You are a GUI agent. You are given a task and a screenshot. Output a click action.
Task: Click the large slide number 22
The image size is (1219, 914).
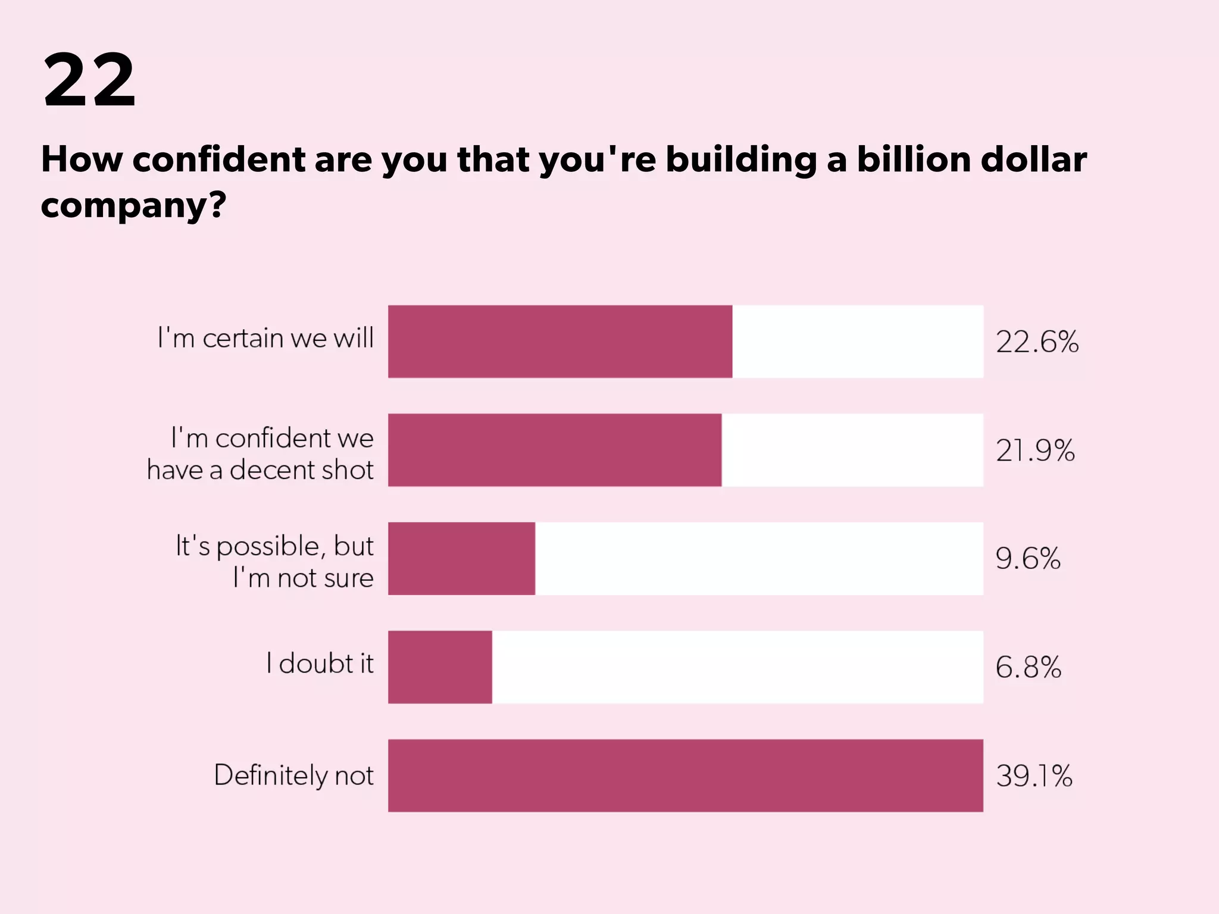tap(89, 80)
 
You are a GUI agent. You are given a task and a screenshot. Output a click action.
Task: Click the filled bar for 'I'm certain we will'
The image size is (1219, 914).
tap(560, 342)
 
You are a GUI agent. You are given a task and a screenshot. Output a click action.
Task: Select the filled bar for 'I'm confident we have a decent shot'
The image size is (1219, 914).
tap(554, 450)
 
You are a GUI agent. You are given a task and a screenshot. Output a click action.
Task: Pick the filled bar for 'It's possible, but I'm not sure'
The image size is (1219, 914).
tap(461, 558)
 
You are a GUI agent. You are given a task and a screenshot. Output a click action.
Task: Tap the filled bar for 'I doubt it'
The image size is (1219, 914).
tap(440, 666)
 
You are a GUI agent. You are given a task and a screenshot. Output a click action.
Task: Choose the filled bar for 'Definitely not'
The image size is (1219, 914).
tap(685, 775)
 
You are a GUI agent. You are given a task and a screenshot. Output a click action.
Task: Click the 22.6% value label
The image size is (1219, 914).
tap(1037, 342)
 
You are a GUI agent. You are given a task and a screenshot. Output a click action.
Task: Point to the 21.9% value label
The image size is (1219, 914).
tap(1035, 450)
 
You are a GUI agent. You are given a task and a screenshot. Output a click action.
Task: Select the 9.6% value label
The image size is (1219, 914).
tap(1028, 559)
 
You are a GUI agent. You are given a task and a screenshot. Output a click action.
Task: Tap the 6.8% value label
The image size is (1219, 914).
tap(1028, 667)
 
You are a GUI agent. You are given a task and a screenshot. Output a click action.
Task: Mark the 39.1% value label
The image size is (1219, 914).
tap(1034, 776)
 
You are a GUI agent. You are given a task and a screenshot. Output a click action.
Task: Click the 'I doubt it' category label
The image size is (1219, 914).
tap(320, 663)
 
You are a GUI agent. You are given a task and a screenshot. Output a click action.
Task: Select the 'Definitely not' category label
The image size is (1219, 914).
tap(293, 775)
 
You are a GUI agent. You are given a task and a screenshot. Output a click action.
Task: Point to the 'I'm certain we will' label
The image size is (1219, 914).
tap(265, 338)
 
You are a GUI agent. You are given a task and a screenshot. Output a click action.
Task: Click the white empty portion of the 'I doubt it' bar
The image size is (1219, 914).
tap(737, 666)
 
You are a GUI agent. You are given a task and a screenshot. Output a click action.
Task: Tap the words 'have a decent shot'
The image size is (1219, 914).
tap(260, 470)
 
